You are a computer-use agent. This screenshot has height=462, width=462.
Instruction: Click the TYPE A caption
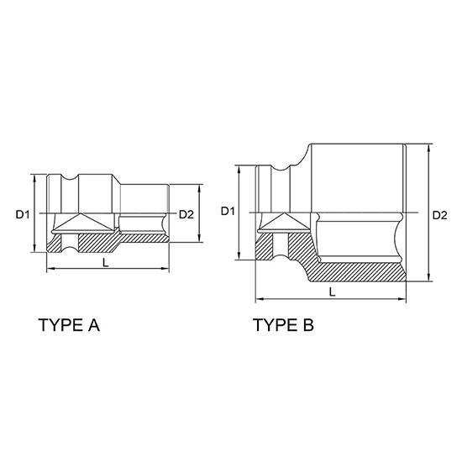[69, 325]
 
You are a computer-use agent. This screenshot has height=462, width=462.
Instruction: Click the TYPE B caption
[283, 325]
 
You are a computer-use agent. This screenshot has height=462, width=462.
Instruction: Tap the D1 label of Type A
[23, 215]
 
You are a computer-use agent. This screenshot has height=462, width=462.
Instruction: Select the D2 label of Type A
[186, 215]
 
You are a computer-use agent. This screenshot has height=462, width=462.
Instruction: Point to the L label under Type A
[103, 262]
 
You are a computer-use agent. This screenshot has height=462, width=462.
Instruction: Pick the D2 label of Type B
[438, 215]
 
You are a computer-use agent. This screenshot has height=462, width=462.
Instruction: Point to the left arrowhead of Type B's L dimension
[258, 297]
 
